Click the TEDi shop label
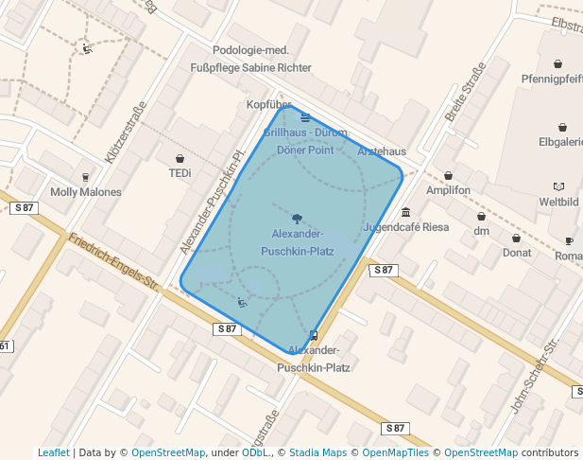180,173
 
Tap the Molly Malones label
86,192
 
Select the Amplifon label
448,190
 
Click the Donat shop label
516,253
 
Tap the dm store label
481,231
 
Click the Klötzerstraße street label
127,133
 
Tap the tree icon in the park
298,218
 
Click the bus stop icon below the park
314,334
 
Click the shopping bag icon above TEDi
180,158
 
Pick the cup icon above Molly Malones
86,177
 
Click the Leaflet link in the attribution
53,452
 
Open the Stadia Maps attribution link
317,452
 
